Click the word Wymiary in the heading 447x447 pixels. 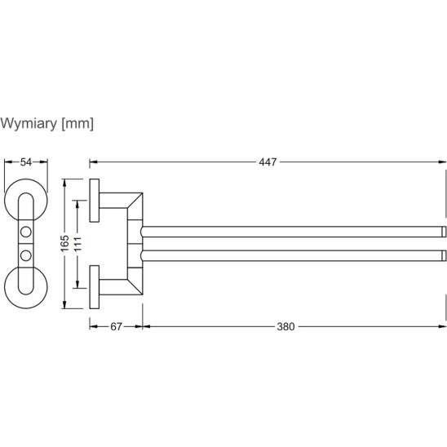pos(29,124)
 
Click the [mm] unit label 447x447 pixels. pos(77,124)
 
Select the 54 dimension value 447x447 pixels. pos(26,162)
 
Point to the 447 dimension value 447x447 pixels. pos(268,162)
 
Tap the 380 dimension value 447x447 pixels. pos(285,327)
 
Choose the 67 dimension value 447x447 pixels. pos(116,327)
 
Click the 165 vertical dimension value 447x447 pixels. pos(65,243)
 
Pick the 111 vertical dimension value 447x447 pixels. pos(77,244)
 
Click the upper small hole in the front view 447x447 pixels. pos(26,232)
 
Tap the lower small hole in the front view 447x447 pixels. pos(26,255)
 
